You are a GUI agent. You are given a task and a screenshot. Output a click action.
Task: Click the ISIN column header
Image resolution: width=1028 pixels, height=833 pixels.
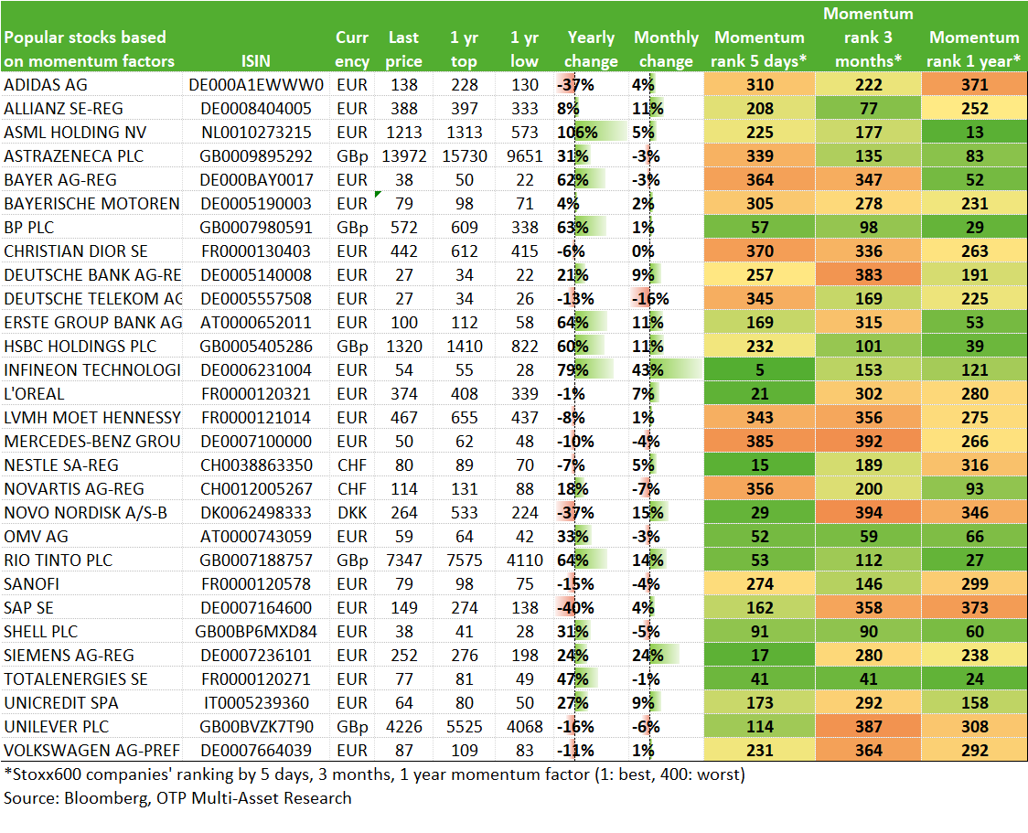pyautogui.click(x=256, y=61)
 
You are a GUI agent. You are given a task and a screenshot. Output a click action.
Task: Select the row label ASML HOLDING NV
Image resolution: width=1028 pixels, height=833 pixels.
pyautogui.click(x=75, y=133)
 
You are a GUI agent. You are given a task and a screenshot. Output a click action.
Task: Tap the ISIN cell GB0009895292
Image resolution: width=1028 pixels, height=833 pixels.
pyautogui.click(x=256, y=156)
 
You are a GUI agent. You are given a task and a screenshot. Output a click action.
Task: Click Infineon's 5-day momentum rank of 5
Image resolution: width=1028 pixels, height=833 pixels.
pyautogui.click(x=759, y=370)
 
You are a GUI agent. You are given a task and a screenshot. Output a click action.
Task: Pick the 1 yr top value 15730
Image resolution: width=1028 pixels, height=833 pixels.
pyautogui.click(x=465, y=156)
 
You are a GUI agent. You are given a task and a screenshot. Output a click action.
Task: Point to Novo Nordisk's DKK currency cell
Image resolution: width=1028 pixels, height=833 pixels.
pyautogui.click(x=352, y=513)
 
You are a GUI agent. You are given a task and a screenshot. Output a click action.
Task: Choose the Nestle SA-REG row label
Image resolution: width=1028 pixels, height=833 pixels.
pyautogui.click(x=61, y=465)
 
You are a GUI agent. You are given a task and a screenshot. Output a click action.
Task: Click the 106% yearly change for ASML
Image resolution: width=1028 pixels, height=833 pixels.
pyautogui.click(x=577, y=133)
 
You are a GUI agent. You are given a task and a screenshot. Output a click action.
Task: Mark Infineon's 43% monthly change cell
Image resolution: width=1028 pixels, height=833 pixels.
pyautogui.click(x=648, y=370)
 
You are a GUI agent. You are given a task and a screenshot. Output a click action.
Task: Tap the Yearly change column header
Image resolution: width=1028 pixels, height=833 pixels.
pyautogui.click(x=591, y=49)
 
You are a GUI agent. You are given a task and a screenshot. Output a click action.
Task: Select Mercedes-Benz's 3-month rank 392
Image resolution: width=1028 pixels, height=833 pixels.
pyautogui.click(x=868, y=442)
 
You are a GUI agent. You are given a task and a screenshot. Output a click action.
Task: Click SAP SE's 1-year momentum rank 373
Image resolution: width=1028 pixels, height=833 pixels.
pyautogui.click(x=974, y=608)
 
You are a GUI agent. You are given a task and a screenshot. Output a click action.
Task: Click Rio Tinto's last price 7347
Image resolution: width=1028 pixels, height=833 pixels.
pyautogui.click(x=404, y=561)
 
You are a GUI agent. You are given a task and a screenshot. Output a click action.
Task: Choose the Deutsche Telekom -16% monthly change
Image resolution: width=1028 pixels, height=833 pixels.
pyautogui.click(x=650, y=299)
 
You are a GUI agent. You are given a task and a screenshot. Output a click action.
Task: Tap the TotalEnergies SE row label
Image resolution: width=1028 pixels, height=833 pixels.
pyautogui.click(x=76, y=679)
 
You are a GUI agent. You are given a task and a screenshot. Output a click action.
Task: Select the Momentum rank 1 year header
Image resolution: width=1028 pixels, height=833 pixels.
pyautogui.click(x=974, y=49)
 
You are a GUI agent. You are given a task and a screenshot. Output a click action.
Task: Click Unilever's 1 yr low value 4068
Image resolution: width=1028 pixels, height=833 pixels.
pyautogui.click(x=524, y=727)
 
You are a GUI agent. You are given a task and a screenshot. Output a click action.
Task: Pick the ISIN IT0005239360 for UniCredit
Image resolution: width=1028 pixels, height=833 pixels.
pyautogui.click(x=256, y=703)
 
